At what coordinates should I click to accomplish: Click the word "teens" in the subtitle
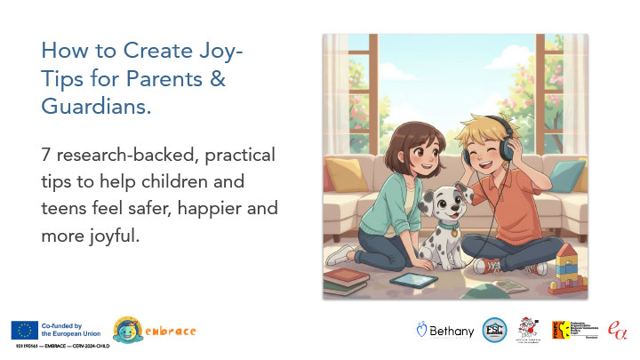point(65,209)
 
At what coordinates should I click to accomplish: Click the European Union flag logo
point(23,330)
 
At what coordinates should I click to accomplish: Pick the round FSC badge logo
point(494,330)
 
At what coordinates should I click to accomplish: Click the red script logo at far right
point(616,330)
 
